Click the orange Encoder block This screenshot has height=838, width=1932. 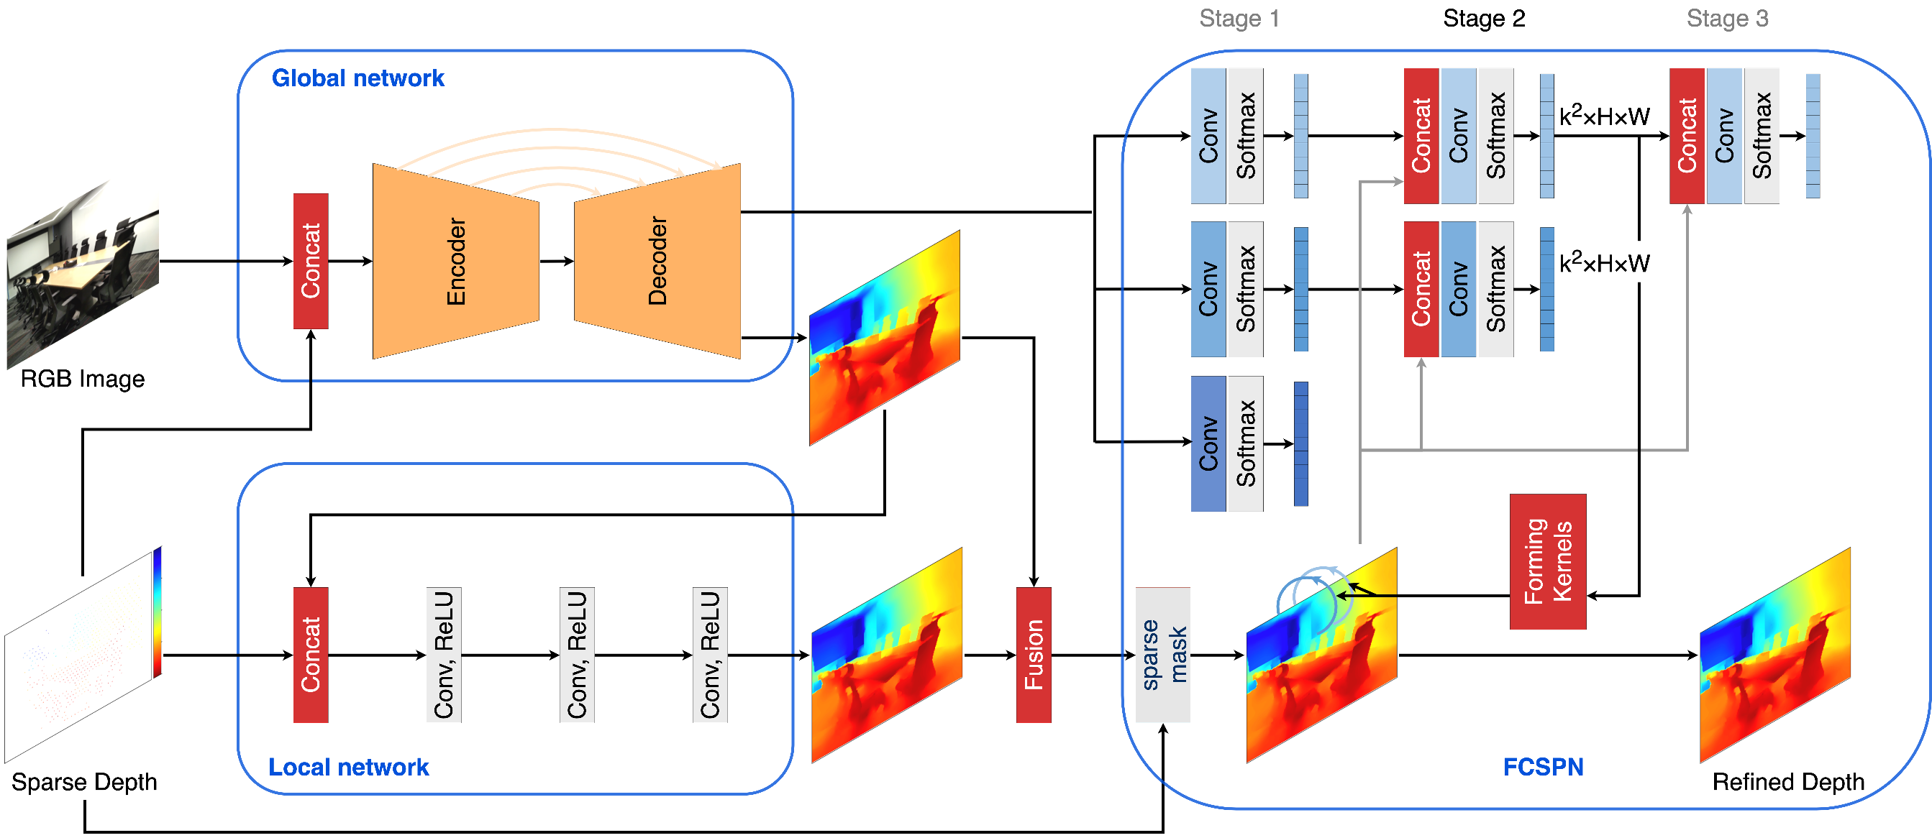(456, 261)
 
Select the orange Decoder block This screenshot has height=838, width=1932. (657, 261)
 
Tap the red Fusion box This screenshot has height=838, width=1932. (1034, 654)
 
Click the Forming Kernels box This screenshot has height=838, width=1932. (1547, 561)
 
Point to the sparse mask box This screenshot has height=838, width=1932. (1162, 654)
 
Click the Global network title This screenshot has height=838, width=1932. (357, 78)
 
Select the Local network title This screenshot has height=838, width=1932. (348, 767)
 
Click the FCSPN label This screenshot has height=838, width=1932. (1543, 767)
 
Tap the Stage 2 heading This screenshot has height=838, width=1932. (1483, 18)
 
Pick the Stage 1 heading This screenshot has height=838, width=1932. (1239, 18)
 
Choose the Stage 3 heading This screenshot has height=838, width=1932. (1726, 18)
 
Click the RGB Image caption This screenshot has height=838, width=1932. (83, 379)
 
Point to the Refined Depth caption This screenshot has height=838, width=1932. (1788, 782)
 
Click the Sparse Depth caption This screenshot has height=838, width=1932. (84, 782)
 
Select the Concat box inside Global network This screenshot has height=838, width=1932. (311, 261)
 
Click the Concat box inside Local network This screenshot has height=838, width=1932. (311, 654)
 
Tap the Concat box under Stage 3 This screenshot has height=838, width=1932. (1687, 136)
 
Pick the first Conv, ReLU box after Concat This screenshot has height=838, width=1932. (443, 654)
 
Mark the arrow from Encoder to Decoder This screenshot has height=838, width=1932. (557, 261)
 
